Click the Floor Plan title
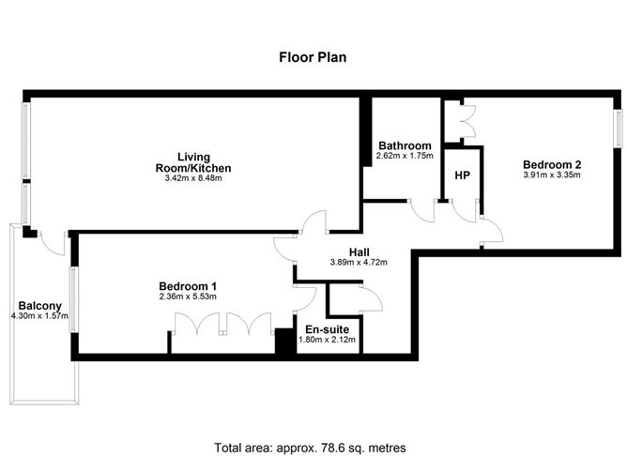pos(313,56)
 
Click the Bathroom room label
pos(405,145)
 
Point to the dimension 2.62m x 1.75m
pos(405,156)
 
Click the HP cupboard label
pos(462,175)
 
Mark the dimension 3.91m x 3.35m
pos(552,174)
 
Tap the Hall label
pos(359,251)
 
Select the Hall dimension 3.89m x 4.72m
pos(359,263)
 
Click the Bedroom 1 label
pos(188,285)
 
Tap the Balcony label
pos(39,305)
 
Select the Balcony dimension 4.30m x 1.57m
pos(39,316)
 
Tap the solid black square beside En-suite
pos(283,342)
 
